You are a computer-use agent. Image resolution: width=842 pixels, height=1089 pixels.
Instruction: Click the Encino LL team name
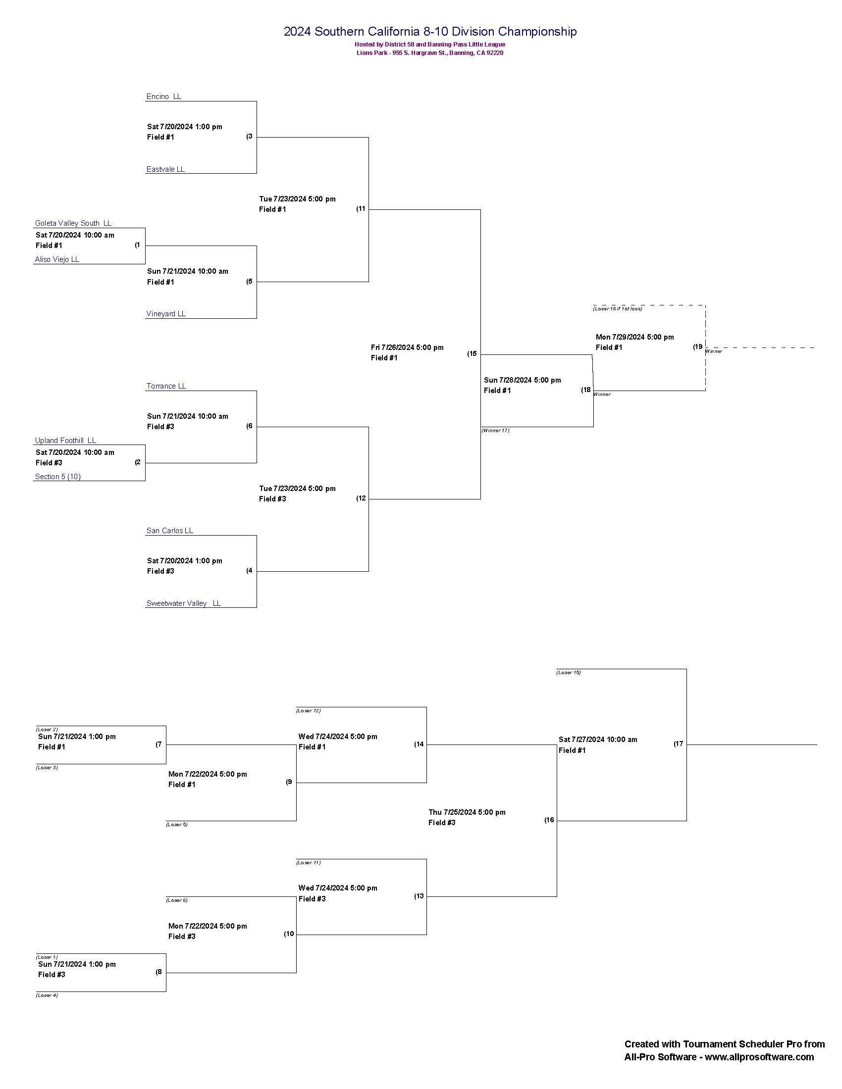[163, 97]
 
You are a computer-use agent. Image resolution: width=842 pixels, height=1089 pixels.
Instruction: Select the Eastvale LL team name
[165, 169]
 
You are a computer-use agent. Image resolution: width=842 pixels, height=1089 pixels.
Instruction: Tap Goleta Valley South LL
[73, 223]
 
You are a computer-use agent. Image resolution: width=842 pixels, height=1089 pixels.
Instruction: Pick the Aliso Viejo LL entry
[57, 259]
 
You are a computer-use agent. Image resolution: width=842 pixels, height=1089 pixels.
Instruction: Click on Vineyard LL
[165, 314]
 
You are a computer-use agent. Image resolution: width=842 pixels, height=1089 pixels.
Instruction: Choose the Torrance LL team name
[166, 387]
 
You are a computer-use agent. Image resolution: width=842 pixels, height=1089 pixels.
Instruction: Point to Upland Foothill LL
[65, 441]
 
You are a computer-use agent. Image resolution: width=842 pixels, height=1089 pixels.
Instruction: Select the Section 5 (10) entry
[57, 477]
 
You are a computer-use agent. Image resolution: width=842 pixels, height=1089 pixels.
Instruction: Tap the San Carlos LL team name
[169, 531]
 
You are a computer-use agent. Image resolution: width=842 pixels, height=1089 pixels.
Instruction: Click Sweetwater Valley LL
[183, 604]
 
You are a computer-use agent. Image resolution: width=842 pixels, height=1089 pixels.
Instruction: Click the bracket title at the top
[430, 32]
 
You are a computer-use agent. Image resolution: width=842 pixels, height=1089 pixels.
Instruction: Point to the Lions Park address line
[429, 53]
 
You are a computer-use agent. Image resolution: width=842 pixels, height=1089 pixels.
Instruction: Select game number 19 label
[697, 347]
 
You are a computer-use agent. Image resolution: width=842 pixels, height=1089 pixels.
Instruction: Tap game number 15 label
[472, 354]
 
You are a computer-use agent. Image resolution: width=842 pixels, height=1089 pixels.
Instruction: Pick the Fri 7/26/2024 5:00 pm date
[407, 347]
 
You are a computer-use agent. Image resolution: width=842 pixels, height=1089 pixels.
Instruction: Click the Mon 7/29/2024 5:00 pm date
[634, 337]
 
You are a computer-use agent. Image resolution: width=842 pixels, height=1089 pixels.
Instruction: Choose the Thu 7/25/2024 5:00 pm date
[467, 812]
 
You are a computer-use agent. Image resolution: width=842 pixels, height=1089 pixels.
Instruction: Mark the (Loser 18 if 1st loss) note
[617, 309]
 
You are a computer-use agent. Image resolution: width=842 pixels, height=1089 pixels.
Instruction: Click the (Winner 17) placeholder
[495, 430]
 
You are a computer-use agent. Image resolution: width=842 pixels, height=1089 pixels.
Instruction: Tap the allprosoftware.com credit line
[719, 1057]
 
